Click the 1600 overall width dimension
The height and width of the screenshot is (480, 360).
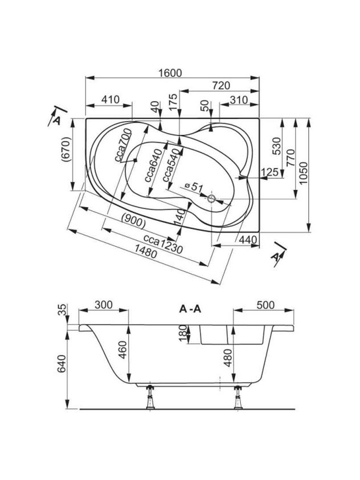170,73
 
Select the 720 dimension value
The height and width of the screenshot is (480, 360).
221,86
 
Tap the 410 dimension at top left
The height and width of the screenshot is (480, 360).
110,99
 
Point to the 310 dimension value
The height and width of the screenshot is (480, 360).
239,100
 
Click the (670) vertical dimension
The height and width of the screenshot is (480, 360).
66,150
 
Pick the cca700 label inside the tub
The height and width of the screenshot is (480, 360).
123,145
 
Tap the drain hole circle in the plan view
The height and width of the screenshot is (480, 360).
212,198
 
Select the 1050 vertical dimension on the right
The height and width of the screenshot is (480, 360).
304,173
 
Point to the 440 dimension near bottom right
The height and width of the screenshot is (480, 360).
248,240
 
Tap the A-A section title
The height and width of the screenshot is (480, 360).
190,309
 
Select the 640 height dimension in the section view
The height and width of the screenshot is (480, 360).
61,364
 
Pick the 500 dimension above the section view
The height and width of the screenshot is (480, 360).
265,305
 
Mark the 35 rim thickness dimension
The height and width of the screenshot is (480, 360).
62,310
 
